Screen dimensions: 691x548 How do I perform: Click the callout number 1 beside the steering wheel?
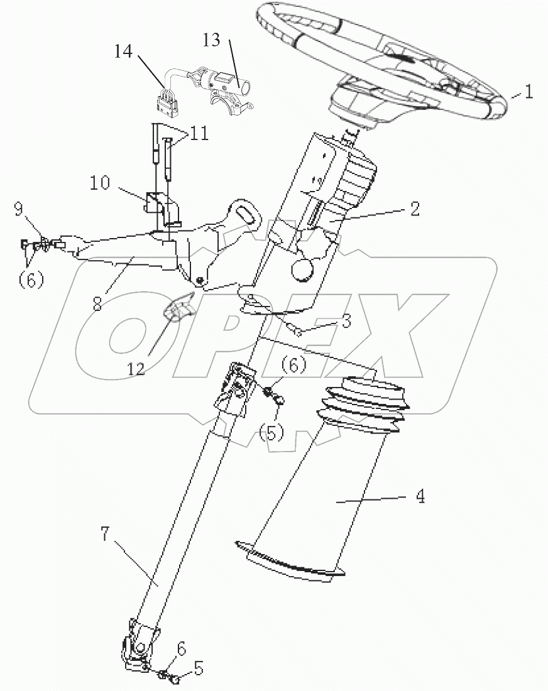click(x=529, y=94)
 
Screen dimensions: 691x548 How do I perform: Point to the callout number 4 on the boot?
click(x=419, y=496)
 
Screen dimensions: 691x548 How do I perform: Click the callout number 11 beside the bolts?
click(x=199, y=134)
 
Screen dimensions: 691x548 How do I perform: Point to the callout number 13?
click(x=212, y=41)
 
